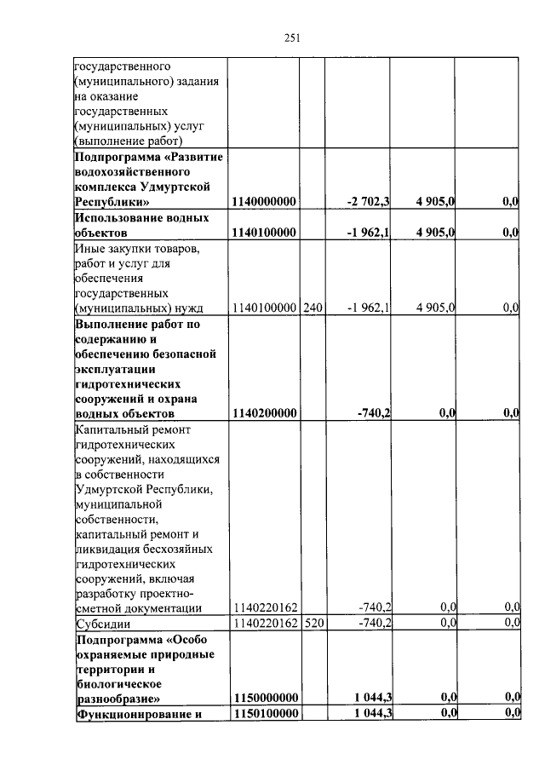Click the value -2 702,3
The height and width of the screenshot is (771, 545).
[x=368, y=202]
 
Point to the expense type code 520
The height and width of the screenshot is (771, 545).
[x=313, y=623]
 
